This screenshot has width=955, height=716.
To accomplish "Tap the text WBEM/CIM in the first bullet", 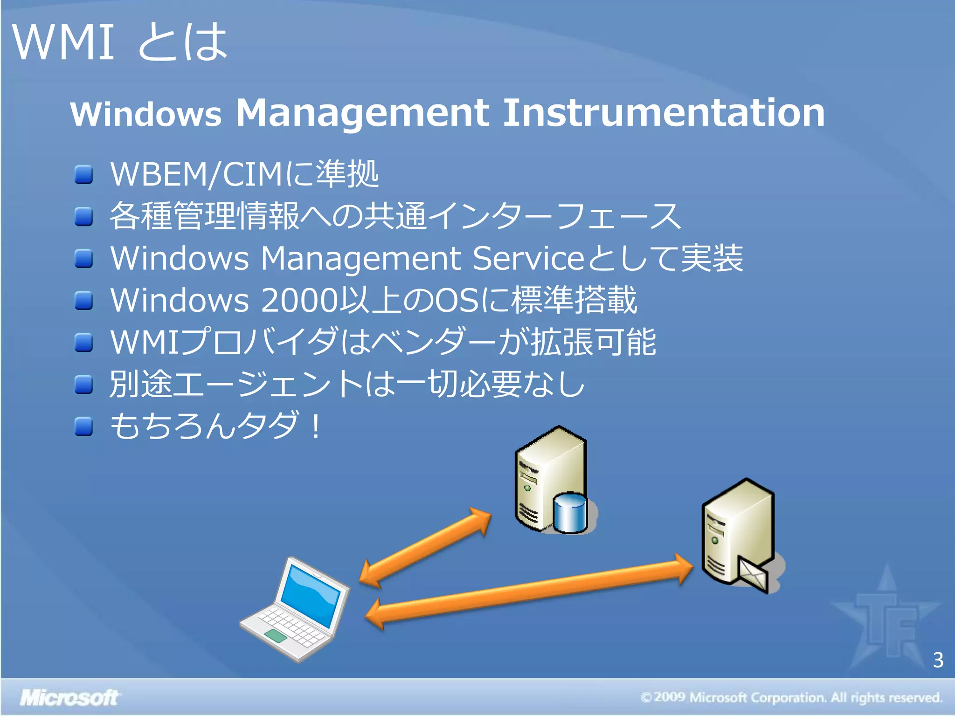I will [x=196, y=174].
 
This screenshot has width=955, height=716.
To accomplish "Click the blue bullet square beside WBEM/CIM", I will [x=84, y=175].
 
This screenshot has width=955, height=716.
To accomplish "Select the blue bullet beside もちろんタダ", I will [x=84, y=427].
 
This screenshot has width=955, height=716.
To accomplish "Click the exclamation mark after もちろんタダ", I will [x=317, y=426].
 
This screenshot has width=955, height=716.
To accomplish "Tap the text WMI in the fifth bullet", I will [x=145, y=342].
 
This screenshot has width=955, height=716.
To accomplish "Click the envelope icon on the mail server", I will [x=753, y=574].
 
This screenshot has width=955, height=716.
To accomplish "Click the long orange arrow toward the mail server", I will [x=529, y=591].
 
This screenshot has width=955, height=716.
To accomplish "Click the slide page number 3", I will [x=938, y=660].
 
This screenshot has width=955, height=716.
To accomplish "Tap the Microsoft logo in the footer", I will [x=69, y=698].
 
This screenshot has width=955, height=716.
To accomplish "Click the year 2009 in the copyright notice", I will [x=669, y=697].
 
